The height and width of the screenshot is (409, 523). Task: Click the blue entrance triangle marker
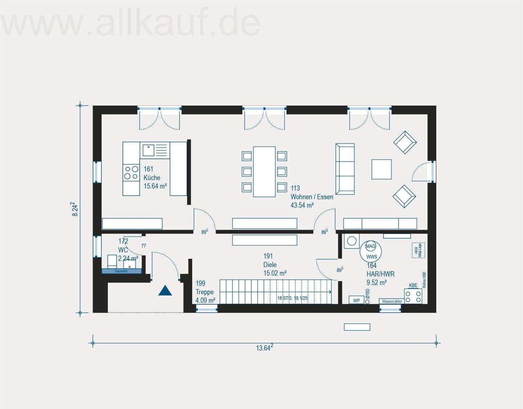click(165, 290)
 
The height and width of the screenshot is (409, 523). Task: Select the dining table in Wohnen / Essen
click(264, 172)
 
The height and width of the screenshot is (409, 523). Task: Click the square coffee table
click(381, 169)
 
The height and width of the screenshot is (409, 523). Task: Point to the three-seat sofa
click(345, 169)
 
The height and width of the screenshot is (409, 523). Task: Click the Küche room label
click(152, 178)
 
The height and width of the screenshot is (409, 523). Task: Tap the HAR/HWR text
click(380, 274)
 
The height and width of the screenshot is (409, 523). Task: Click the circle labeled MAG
click(370, 246)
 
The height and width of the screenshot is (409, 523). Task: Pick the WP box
click(356, 300)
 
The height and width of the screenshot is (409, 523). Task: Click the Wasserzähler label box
click(392, 301)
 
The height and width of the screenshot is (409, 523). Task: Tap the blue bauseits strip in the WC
click(121, 271)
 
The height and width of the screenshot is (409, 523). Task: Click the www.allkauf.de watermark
click(131, 22)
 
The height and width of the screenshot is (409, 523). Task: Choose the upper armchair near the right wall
click(405, 142)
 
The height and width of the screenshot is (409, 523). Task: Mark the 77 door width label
click(143, 246)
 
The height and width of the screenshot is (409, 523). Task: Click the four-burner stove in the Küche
click(131, 173)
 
